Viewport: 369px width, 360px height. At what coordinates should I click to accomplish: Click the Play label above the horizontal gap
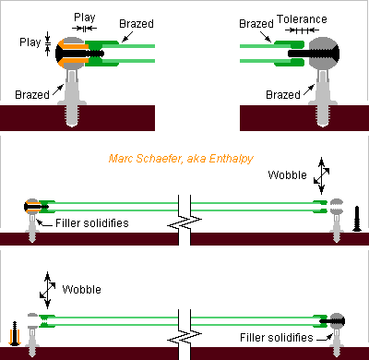[x=85, y=17]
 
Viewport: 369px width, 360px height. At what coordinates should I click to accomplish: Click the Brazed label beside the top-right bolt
[x=282, y=94]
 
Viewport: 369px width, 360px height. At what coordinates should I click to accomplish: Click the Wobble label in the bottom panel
[x=82, y=289]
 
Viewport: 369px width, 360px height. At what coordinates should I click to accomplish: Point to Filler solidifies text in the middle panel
[x=91, y=222]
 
